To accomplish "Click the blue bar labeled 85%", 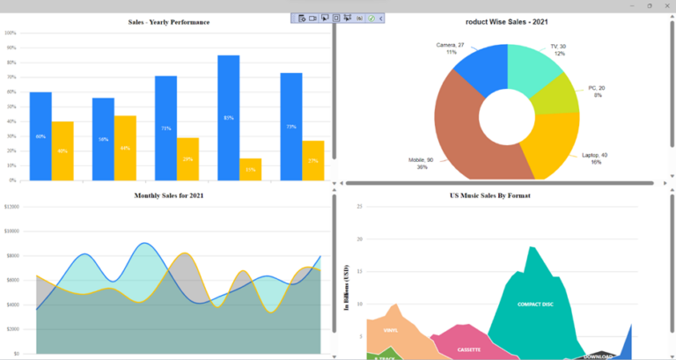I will [x=228, y=117].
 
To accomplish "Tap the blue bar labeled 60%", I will [x=40, y=136].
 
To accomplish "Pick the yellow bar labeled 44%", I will [x=125, y=147].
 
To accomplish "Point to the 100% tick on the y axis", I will [x=11, y=33].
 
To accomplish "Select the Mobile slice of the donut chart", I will [x=458, y=132].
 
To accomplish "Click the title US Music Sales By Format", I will [x=490, y=195].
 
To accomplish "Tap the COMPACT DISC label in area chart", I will [x=534, y=305].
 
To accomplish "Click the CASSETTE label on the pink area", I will [x=468, y=349].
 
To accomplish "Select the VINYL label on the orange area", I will [x=391, y=331].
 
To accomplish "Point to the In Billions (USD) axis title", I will [x=347, y=287].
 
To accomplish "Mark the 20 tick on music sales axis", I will [x=359, y=239].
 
